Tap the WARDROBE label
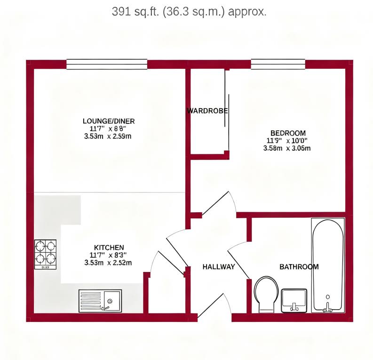click(207, 112)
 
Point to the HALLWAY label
click(218, 267)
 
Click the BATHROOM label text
click(299, 267)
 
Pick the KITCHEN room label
click(109, 248)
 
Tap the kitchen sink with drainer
click(100, 300)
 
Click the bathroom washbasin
click(294, 300)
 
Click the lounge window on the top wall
click(107, 64)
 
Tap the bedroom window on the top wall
click(278, 64)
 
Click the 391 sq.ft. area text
click(189, 12)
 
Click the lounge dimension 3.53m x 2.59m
click(107, 136)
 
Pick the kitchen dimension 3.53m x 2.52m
click(108, 263)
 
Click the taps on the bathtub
click(328, 307)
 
